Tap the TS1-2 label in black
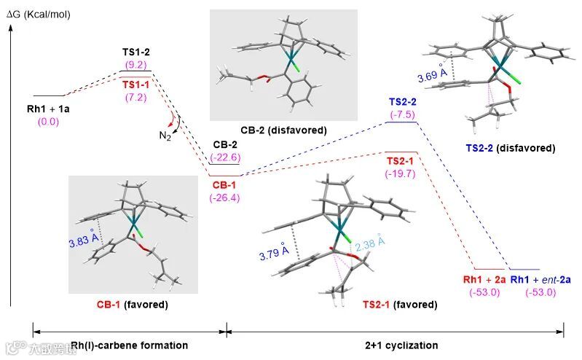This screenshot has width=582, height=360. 136,53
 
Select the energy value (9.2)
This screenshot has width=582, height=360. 136,64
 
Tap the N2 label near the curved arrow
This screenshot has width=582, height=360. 166,136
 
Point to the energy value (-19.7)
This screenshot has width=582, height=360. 399,173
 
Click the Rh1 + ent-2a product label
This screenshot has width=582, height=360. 540,278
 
